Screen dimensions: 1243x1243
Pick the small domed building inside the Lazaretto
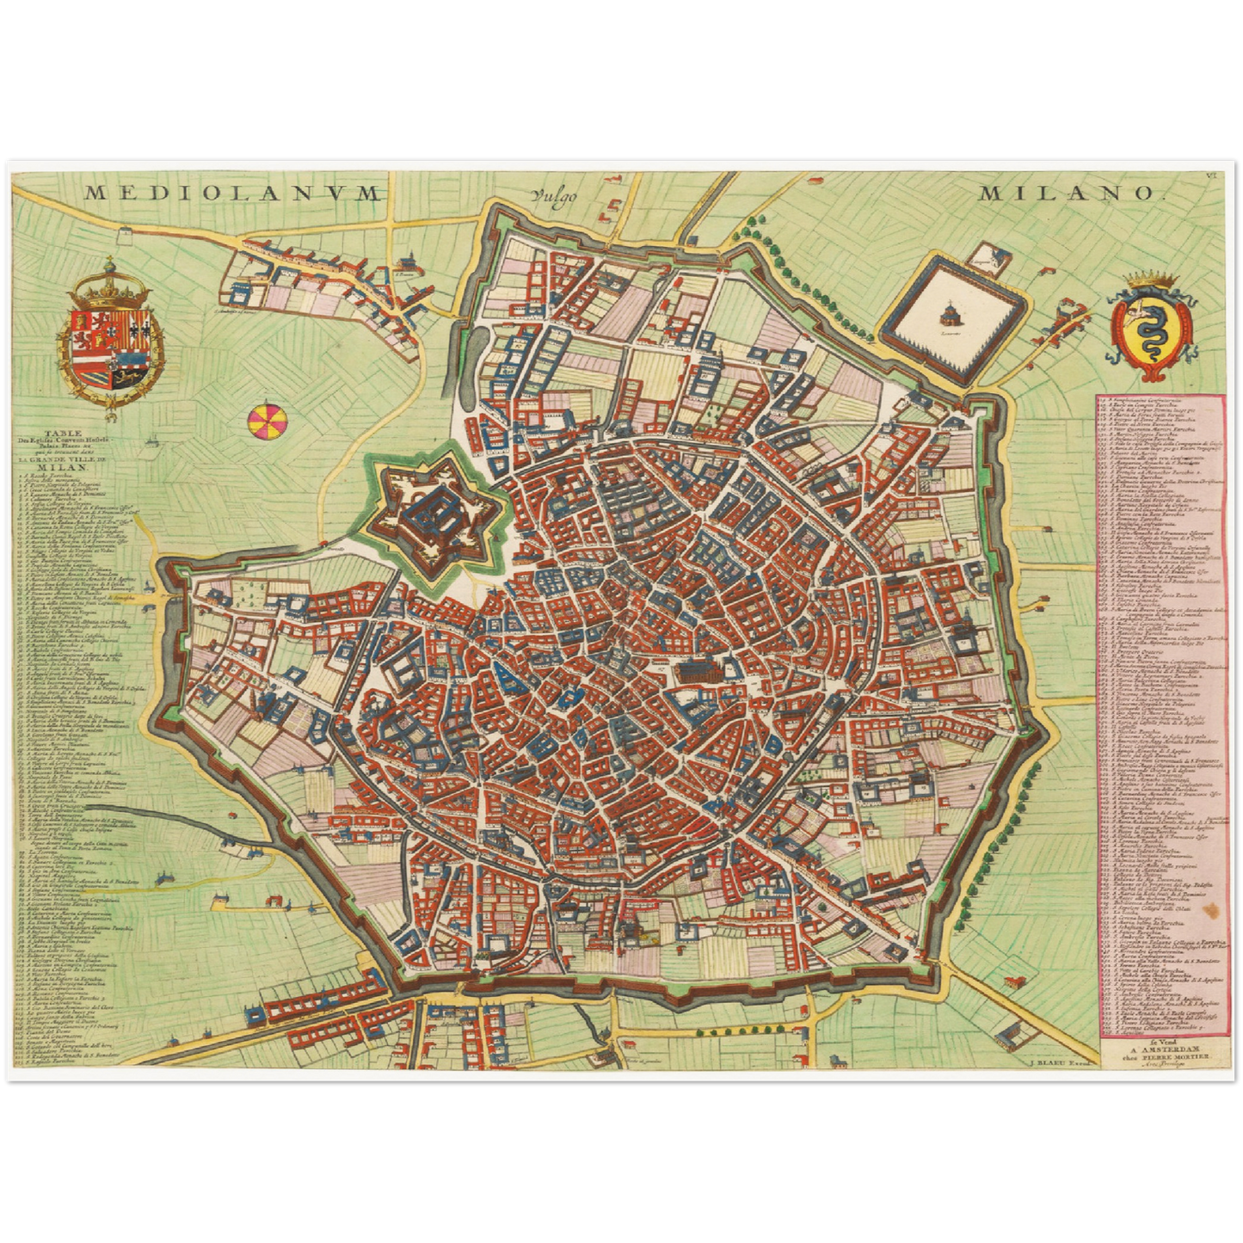coord(951,311)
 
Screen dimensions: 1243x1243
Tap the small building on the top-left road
coord(127,231)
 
